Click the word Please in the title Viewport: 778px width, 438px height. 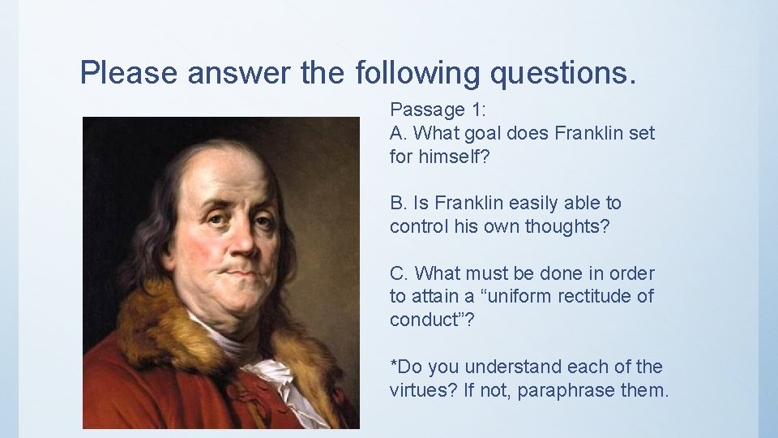[x=129, y=73]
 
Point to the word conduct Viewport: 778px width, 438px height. [x=426, y=320]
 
